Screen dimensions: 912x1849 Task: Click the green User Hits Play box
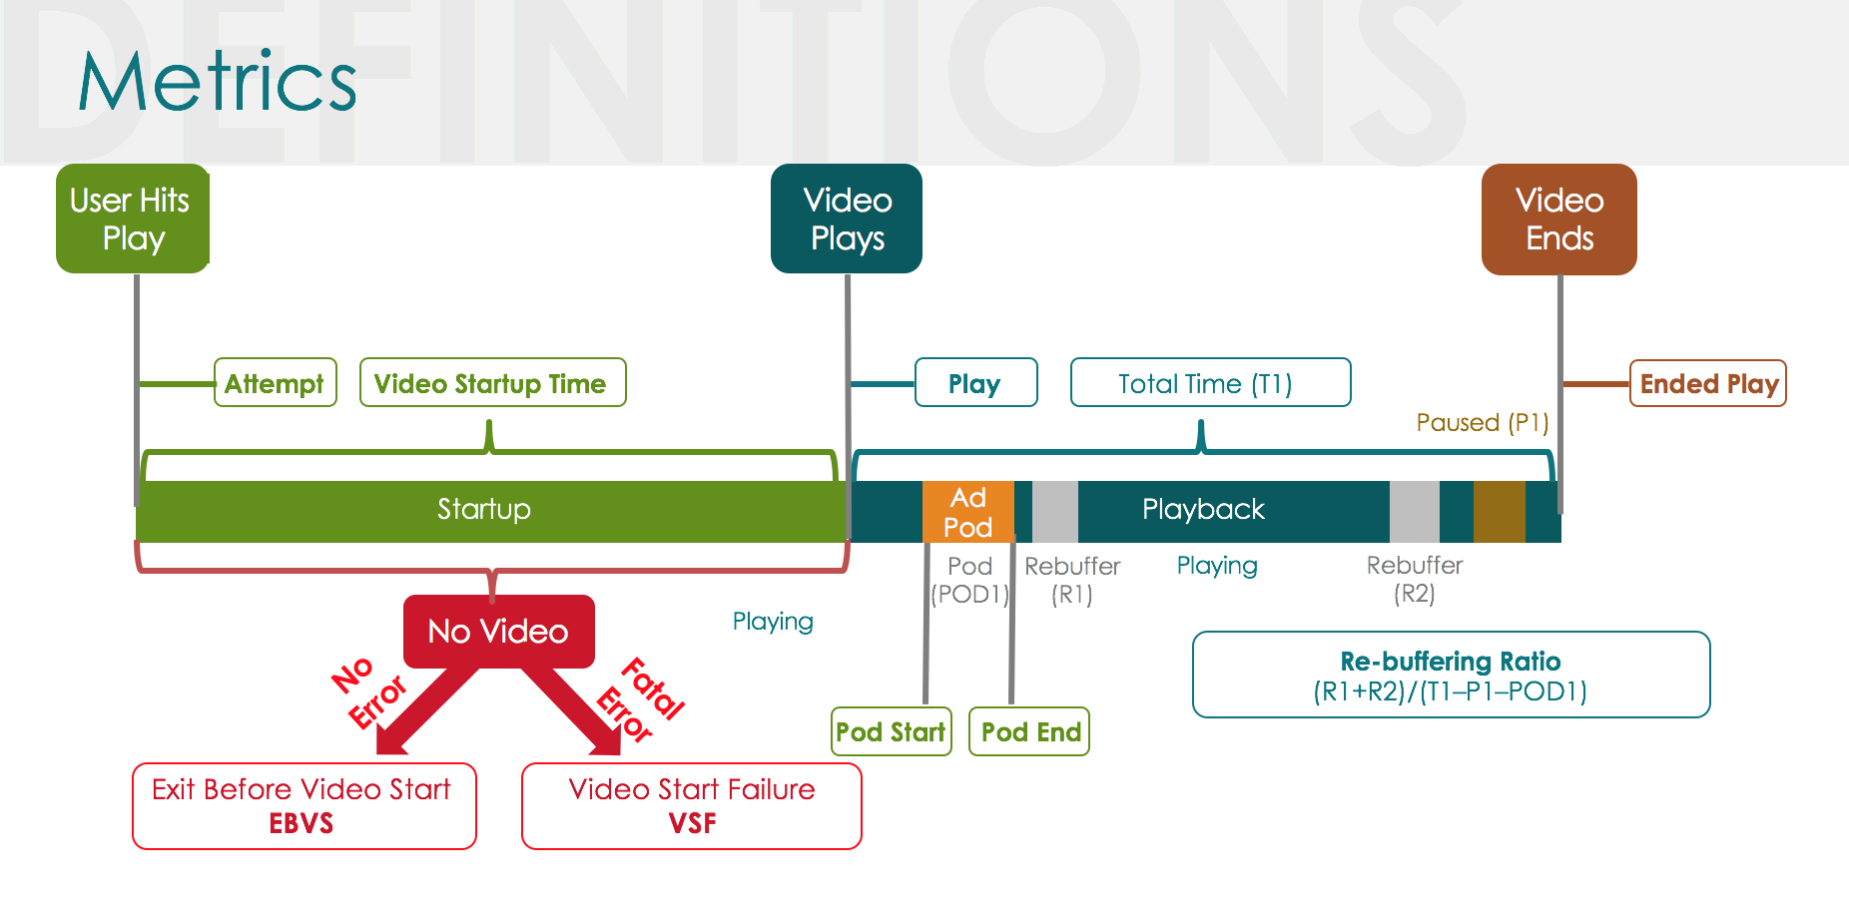click(132, 219)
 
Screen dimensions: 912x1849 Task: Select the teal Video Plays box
click(847, 219)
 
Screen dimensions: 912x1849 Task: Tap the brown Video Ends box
click(1558, 220)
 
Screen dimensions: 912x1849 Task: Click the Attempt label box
click(275, 383)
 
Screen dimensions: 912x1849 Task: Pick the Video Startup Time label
click(492, 383)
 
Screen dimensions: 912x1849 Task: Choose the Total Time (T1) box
click(1209, 383)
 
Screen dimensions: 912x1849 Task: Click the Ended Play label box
click(1707, 384)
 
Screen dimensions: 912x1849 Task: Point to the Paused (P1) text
click(1482, 423)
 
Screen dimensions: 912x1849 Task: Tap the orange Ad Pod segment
click(967, 512)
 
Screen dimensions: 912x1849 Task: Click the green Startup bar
click(484, 511)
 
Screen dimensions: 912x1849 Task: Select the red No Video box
click(498, 631)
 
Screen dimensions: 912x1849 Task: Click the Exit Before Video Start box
click(304, 806)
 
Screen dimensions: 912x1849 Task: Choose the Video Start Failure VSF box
click(691, 806)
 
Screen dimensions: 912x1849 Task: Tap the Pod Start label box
click(891, 732)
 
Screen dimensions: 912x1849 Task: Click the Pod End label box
click(1029, 732)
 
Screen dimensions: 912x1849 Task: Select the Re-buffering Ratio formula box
click(1451, 676)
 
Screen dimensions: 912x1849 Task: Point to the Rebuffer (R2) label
click(1414, 580)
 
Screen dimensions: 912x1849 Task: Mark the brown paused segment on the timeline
click(1499, 512)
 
